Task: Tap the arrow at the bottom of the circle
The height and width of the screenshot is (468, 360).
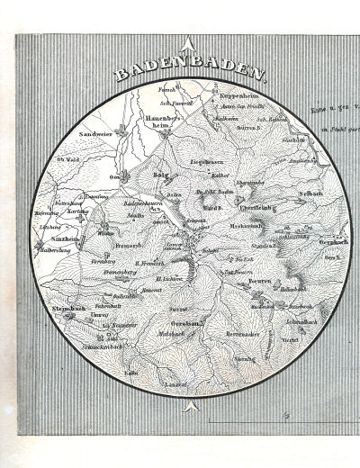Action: (x=187, y=407)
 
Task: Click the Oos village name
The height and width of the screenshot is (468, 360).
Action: (x=115, y=176)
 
